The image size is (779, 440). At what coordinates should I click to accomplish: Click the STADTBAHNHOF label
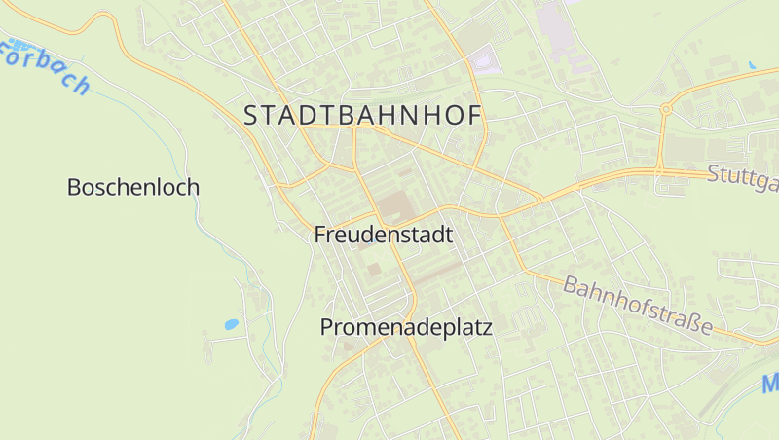coord(362,115)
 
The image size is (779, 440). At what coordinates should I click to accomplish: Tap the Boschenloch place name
coord(132,187)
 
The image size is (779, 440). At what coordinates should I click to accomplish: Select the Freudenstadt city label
coord(384,235)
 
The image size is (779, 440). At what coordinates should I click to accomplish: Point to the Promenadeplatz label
coord(406,328)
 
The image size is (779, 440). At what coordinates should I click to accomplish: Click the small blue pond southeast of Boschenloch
coord(231,324)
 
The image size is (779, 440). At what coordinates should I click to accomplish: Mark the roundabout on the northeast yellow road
coord(666,109)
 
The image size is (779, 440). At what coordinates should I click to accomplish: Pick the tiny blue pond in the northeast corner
coord(752,64)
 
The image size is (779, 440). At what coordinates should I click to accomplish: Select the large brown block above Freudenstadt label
coord(393,205)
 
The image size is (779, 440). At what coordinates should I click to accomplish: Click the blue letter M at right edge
coord(770,384)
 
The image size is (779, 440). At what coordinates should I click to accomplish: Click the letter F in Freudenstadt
coord(320,235)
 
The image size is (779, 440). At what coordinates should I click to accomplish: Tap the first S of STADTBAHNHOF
coord(250,115)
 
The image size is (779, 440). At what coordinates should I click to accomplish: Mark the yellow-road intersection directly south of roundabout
coord(659,171)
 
